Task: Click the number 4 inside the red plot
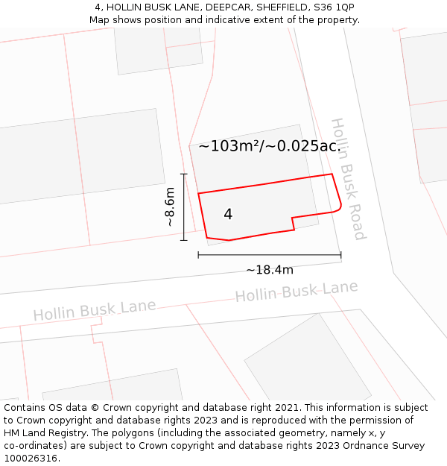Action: click(x=228, y=215)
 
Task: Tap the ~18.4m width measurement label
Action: click(x=269, y=270)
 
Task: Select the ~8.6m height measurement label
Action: click(x=170, y=207)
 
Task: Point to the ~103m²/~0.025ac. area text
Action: click(x=269, y=146)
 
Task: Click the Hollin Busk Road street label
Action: click(x=348, y=179)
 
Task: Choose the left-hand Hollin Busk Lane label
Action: click(x=95, y=310)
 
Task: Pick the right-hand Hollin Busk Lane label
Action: click(x=297, y=291)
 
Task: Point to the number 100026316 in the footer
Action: click(x=31, y=459)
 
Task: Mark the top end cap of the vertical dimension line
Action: click(x=183, y=174)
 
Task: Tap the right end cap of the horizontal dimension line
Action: click(x=341, y=255)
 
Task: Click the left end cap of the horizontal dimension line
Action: click(x=198, y=255)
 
